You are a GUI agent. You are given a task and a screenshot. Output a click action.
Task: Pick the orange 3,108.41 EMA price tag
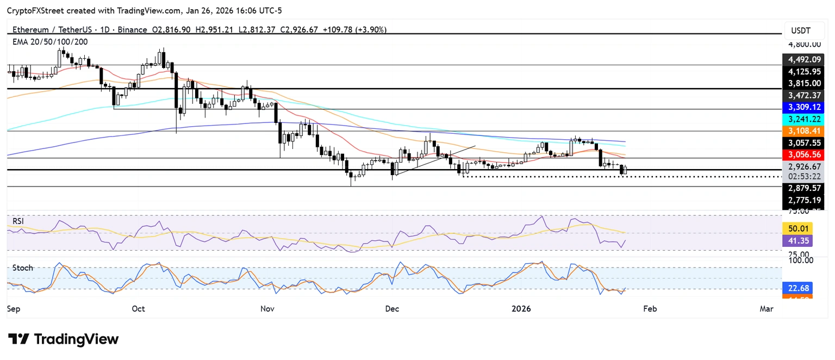click(803, 131)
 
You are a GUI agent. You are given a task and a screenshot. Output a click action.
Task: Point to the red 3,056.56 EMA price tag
click(803, 154)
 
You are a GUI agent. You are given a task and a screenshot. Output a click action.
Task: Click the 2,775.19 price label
click(803, 200)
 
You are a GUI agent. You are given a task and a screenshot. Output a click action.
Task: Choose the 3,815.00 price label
click(803, 83)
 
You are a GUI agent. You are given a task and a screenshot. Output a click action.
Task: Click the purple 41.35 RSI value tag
click(797, 241)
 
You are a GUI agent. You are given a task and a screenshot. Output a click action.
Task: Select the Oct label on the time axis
click(138, 309)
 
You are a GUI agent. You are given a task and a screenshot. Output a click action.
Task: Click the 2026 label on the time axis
click(521, 309)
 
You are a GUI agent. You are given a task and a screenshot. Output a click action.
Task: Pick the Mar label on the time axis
click(767, 309)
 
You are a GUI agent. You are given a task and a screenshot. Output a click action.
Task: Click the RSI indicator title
click(18, 221)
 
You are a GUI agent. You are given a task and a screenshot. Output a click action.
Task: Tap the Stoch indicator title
click(22, 268)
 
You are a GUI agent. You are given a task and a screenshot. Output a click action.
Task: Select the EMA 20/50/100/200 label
click(49, 41)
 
